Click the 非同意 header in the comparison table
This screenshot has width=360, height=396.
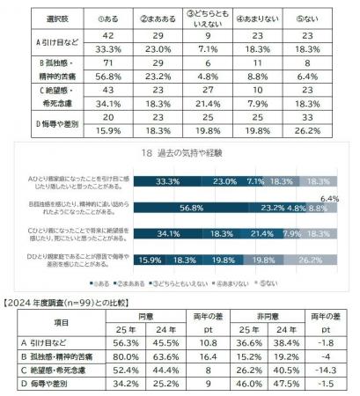[275, 316]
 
